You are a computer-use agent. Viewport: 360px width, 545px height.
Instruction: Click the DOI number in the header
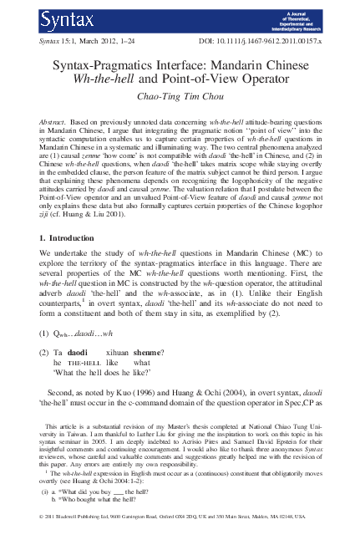(259, 41)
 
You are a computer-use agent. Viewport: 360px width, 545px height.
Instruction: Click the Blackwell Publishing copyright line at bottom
(180, 539)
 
